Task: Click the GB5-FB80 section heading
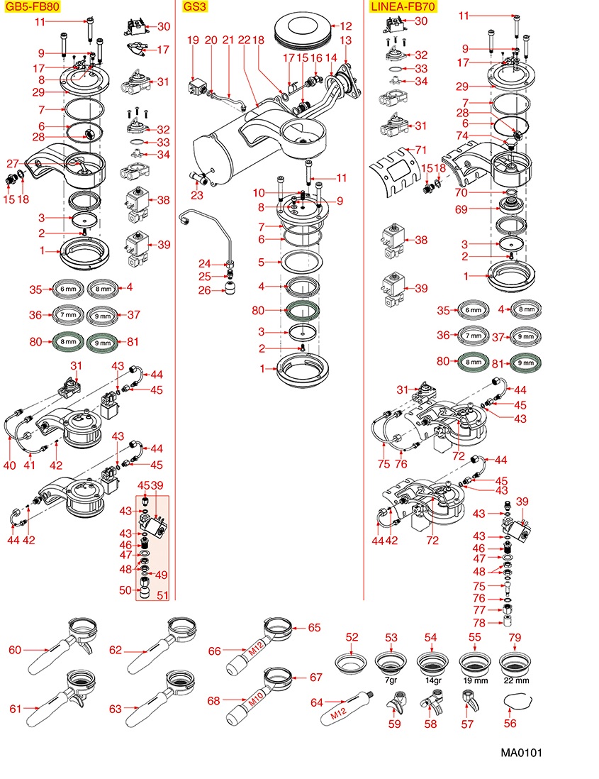click(32, 7)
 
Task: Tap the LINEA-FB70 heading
click(403, 7)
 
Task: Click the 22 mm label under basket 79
click(515, 679)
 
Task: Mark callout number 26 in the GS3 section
click(204, 290)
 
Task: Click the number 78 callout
click(478, 623)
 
